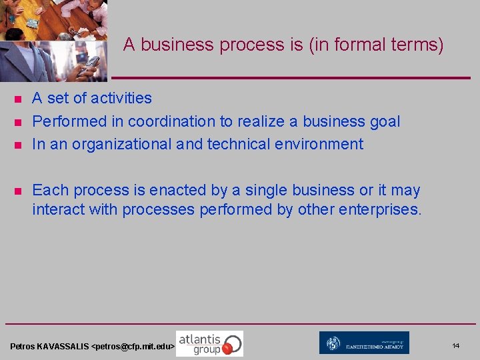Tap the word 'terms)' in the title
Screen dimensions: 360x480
pyautogui.click(x=417, y=45)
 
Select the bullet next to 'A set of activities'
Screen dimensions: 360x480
pyautogui.click(x=18, y=99)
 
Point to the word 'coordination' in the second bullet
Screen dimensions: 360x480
pyautogui.click(x=170, y=121)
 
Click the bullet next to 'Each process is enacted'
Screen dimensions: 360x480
pyautogui.click(x=18, y=191)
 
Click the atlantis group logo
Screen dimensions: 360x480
pyautogui.click(x=209, y=343)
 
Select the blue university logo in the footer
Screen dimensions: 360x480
pyautogui.click(x=364, y=343)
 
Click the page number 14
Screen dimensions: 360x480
pyautogui.click(x=456, y=345)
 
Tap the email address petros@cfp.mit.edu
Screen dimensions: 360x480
pyautogui.click(x=133, y=347)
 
